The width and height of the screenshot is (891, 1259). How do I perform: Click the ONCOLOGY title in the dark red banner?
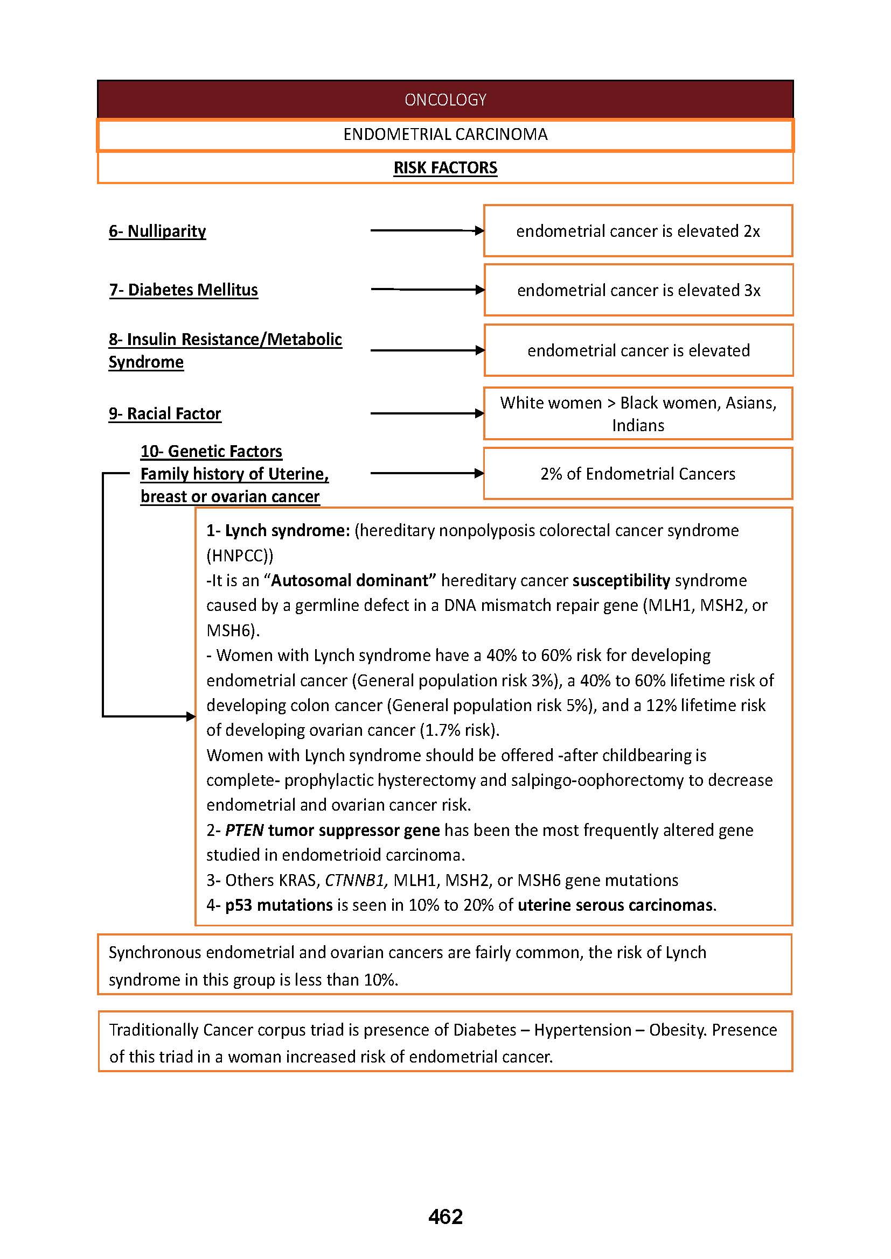point(445,100)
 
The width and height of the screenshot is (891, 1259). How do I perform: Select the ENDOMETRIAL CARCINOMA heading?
point(445,135)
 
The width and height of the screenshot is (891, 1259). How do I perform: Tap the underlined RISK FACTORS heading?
point(445,168)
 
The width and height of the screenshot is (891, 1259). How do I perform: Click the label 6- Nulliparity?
point(157,231)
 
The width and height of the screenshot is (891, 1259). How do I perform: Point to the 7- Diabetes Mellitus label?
point(183,290)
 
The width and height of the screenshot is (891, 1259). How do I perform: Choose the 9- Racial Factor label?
point(165,413)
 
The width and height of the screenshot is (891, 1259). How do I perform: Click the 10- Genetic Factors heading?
point(211,451)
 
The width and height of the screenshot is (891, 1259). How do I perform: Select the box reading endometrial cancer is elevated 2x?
point(637,231)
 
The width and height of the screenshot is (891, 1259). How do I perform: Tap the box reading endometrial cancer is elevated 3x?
point(638,290)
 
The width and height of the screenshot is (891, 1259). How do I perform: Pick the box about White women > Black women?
point(637,413)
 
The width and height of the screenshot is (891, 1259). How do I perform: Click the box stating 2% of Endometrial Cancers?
point(637,474)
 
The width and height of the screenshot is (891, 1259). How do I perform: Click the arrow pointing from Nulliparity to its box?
point(426,231)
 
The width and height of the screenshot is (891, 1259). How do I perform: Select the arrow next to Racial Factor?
point(426,413)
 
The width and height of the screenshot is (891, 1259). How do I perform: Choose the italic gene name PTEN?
point(244,830)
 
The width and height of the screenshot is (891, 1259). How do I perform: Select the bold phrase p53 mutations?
point(279,905)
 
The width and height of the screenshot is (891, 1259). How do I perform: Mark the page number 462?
point(445,1217)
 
